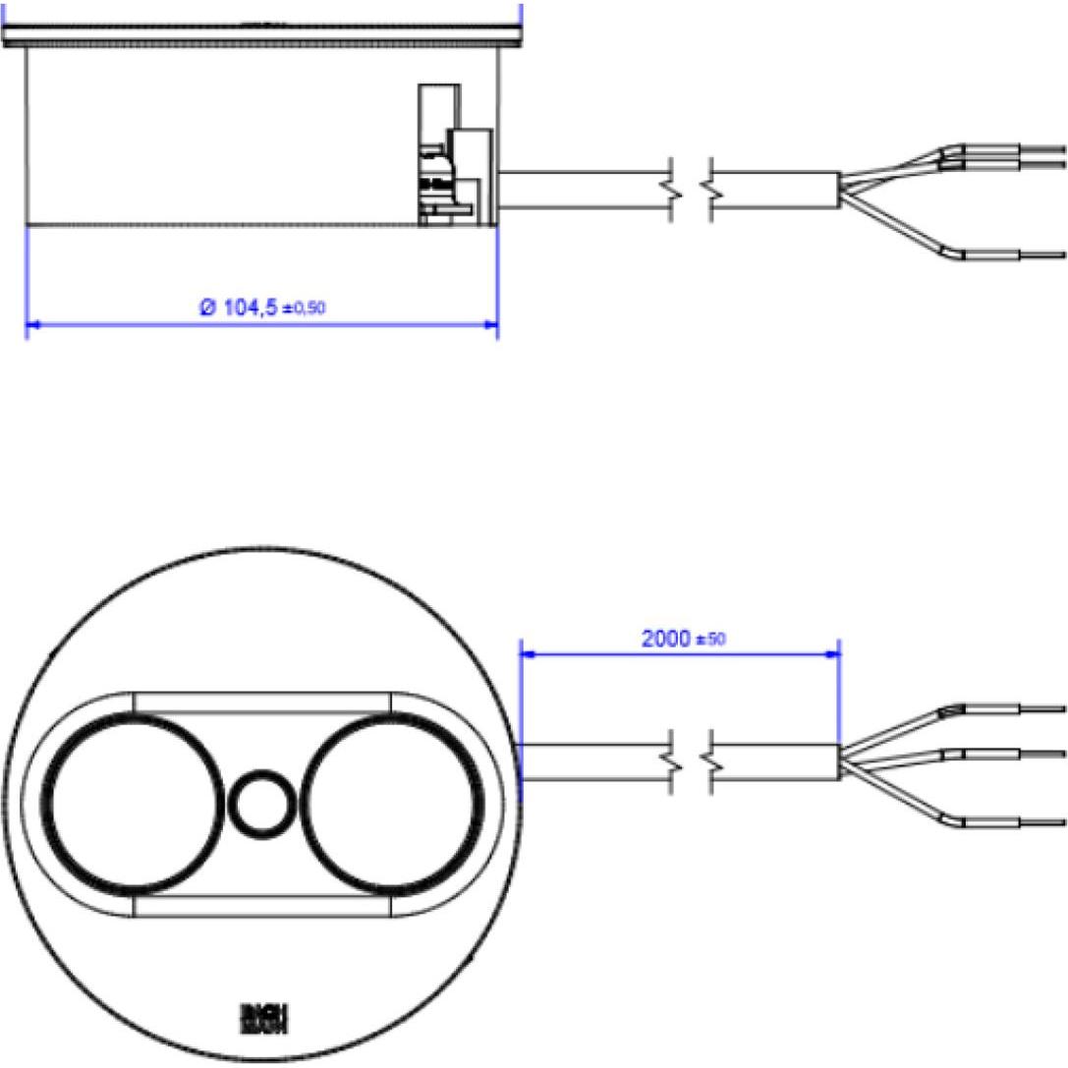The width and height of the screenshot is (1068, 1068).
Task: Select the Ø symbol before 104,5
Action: tap(207, 308)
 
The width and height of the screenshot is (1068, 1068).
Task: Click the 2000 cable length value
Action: tap(667, 638)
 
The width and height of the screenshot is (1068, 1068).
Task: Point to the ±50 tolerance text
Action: tap(710, 640)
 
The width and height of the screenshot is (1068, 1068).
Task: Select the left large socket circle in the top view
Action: tap(136, 803)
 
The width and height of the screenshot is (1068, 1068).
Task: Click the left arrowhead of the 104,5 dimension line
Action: tap(32, 323)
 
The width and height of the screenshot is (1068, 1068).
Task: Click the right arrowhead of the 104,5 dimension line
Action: tap(490, 323)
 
